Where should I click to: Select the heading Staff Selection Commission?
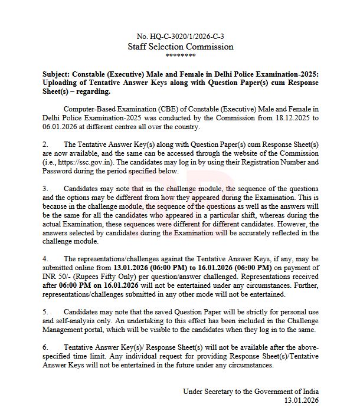[x=180, y=47]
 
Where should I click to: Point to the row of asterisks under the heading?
[x=180, y=56]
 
